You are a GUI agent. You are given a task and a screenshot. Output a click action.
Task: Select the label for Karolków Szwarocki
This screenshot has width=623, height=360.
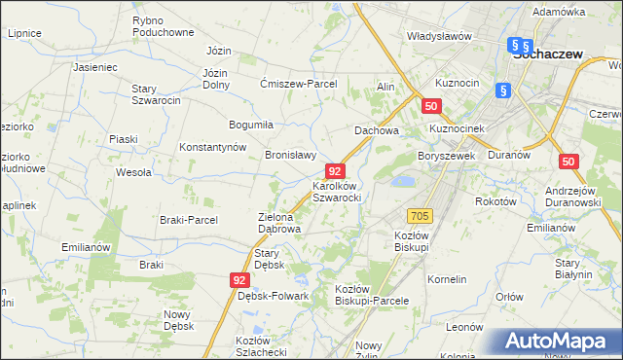pos(337,191)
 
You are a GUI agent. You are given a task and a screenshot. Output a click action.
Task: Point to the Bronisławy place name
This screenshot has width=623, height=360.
pos(291,154)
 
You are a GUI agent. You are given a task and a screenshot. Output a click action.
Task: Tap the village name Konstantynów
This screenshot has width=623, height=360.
pos(211,147)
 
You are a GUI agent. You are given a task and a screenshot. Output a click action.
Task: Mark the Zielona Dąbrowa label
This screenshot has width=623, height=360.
pos(278,223)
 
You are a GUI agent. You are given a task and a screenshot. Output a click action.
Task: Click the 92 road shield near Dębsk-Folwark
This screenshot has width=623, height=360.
pos(241,279)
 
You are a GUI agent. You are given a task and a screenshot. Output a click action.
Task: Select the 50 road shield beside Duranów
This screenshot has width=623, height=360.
pos(569,162)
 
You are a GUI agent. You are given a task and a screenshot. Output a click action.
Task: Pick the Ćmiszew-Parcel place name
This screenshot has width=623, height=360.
pos(298,84)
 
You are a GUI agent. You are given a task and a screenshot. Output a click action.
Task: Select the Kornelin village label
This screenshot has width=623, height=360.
pos(447,279)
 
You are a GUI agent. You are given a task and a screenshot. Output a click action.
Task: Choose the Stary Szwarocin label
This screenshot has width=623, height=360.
pos(157,94)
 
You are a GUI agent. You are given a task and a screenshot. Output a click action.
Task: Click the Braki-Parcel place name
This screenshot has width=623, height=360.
pos(189,220)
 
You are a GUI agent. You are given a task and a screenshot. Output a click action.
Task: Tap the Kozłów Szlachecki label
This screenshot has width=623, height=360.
pos(260,346)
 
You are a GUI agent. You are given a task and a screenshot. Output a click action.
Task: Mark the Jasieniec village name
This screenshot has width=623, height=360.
pos(94,68)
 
